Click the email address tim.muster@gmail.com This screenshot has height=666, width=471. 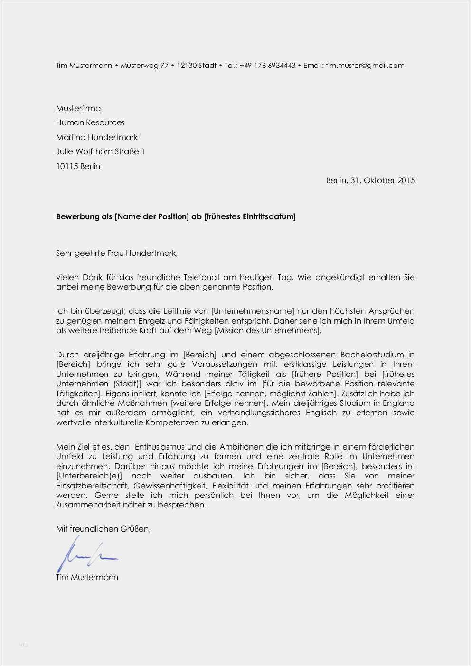365,66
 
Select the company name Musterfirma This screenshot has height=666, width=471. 78,108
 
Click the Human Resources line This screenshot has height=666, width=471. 90,122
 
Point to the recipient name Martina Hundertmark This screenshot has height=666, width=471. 97,137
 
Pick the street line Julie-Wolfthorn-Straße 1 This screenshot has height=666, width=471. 100,151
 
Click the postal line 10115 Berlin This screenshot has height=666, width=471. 78,166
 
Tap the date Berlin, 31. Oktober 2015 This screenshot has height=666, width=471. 370,180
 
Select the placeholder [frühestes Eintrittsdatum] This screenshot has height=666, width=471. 250,217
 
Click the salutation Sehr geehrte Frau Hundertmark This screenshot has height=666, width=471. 117,253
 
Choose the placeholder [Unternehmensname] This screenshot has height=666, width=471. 253,311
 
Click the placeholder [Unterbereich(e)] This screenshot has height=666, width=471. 89,476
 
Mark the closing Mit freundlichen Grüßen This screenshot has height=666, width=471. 103,529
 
